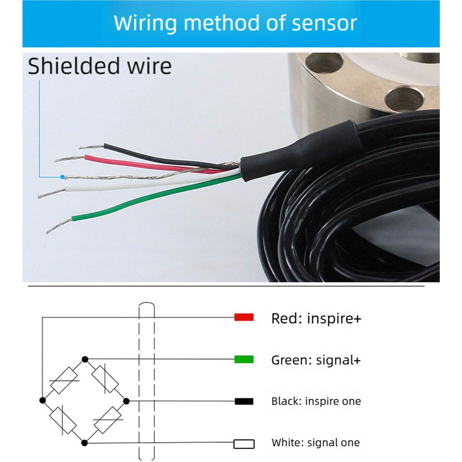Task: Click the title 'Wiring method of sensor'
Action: [x=235, y=23]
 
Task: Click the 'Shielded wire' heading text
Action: [x=100, y=66]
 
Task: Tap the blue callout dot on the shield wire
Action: [x=62, y=177]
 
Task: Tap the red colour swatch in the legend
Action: [x=244, y=317]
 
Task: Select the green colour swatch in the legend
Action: [x=244, y=359]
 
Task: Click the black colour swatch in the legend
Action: [x=244, y=401]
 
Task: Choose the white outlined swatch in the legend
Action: [x=244, y=444]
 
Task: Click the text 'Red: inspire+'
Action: [x=316, y=318]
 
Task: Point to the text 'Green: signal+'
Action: [x=316, y=360]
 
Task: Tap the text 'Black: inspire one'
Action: [x=316, y=401]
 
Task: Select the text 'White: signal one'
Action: [x=316, y=442]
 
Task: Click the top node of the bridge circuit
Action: [x=85, y=359]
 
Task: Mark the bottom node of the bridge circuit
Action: [x=84, y=443]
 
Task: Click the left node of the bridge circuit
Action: [x=42, y=400]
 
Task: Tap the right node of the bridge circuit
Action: [x=126, y=401]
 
